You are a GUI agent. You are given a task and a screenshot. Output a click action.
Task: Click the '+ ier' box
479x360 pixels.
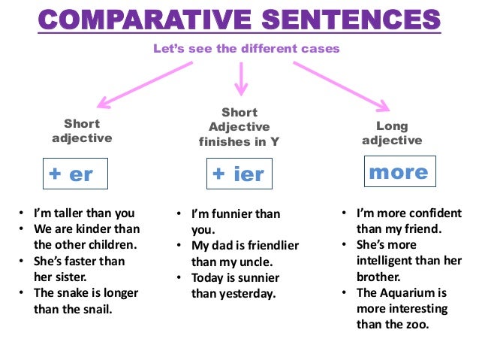click(x=238, y=174)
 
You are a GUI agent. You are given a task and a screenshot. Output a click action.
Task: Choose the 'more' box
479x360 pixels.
click(x=398, y=172)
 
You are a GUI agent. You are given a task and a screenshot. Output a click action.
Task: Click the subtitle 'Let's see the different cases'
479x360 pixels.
click(x=246, y=48)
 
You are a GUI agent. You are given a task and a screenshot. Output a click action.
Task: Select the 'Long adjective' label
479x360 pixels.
click(x=392, y=133)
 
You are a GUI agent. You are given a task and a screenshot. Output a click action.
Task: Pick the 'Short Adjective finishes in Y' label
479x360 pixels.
click(x=239, y=126)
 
